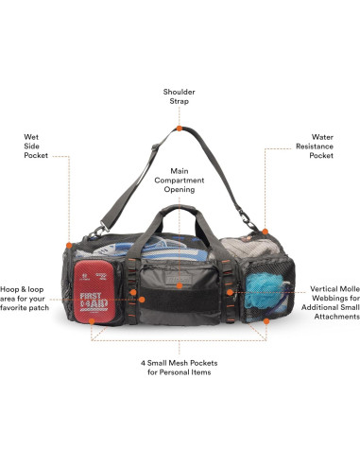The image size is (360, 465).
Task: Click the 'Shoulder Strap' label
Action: (180, 97)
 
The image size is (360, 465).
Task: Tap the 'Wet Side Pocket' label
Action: (38, 146)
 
